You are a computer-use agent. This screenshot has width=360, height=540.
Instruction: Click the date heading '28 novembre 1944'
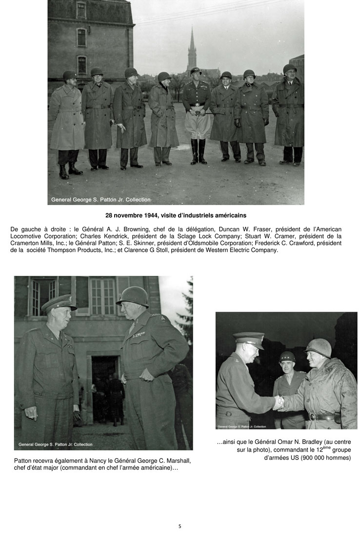134,214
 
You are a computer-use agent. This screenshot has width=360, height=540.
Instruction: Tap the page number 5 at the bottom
180,526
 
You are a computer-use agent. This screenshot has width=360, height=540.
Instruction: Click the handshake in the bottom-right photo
279,402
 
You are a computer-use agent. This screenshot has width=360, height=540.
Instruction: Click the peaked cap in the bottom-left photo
59,303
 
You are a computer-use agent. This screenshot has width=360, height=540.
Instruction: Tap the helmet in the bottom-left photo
133,296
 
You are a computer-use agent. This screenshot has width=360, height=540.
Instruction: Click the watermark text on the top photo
101,200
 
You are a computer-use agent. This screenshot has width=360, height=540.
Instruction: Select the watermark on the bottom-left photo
55,444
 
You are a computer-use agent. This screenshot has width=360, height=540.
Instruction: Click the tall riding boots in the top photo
199,151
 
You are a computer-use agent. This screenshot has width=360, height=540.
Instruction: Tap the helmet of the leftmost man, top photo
69,75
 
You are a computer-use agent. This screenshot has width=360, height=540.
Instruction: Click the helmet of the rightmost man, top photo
290,68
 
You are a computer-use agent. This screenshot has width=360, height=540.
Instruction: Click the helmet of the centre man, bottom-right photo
287,356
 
